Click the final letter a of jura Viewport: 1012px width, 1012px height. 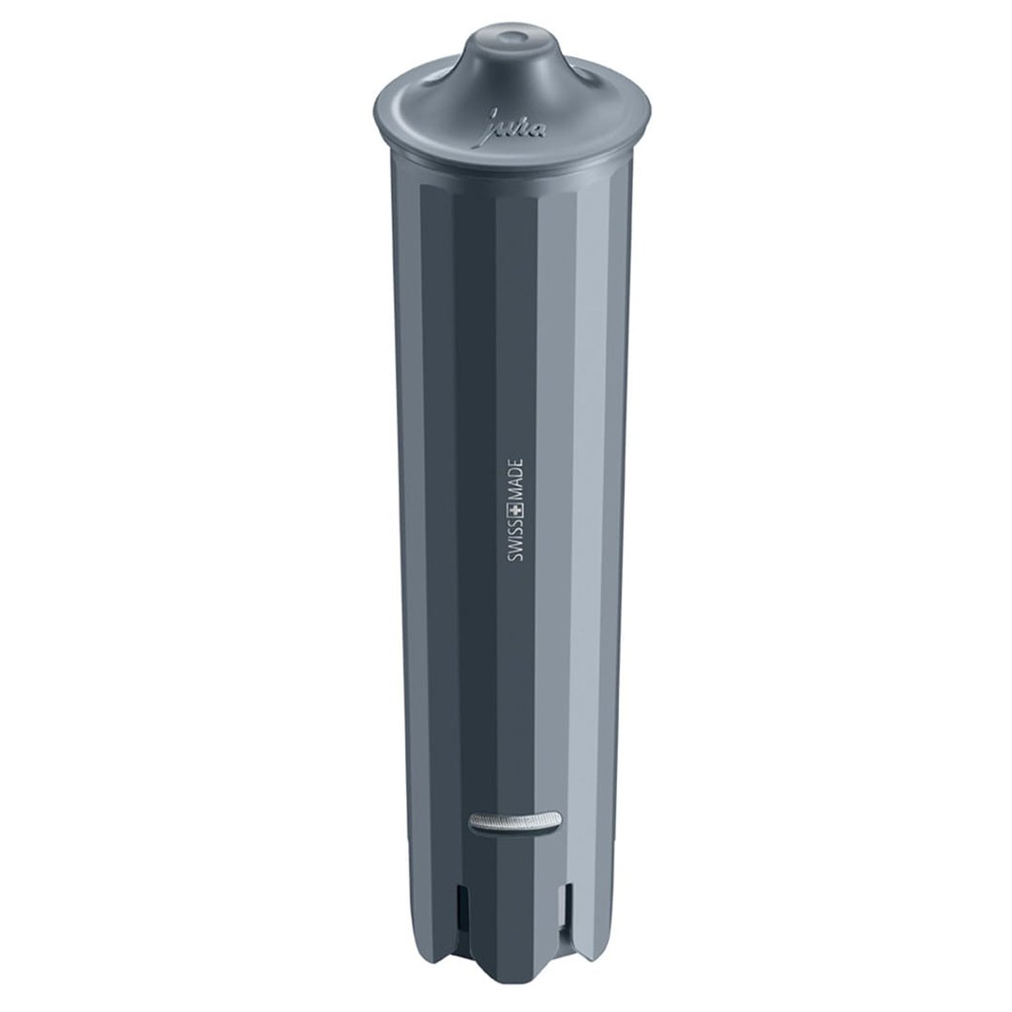point(534,132)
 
